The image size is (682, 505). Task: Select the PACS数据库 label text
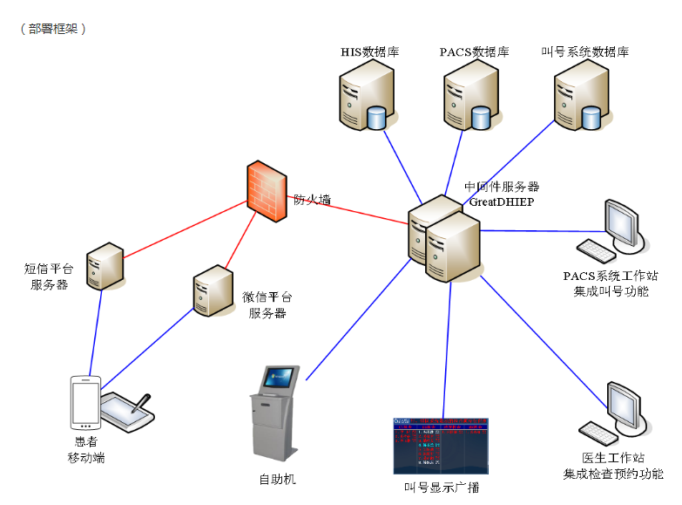click(x=474, y=52)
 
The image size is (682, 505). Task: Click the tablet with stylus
click(x=127, y=410)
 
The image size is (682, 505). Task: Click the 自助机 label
click(x=278, y=479)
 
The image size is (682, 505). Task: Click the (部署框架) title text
click(x=53, y=28)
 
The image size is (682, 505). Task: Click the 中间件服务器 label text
click(x=502, y=187)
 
